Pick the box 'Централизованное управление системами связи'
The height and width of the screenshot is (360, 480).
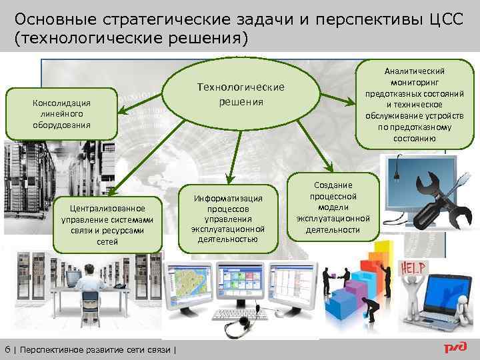tap(107, 225)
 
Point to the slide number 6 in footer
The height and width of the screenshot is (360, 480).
tap(7, 348)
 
